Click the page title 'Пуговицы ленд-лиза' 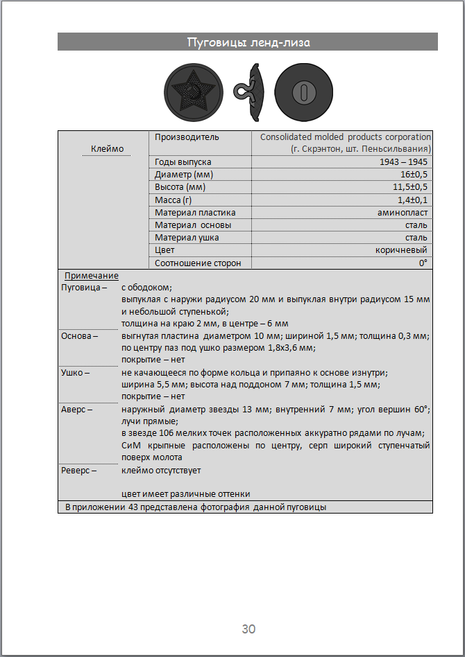click(x=248, y=42)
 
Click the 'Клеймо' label click(x=107, y=148)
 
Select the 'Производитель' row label click(x=187, y=137)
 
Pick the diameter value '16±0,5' click(x=414, y=175)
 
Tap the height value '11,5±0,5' click(x=411, y=187)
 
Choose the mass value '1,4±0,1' click(x=414, y=200)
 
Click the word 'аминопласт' click(x=403, y=212)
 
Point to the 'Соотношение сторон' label click(x=198, y=263)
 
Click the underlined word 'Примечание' click(x=92, y=275)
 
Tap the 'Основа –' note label click(x=80, y=336)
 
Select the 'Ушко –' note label click(x=76, y=372)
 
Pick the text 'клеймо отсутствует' click(x=161, y=470)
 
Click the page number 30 click(x=248, y=629)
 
